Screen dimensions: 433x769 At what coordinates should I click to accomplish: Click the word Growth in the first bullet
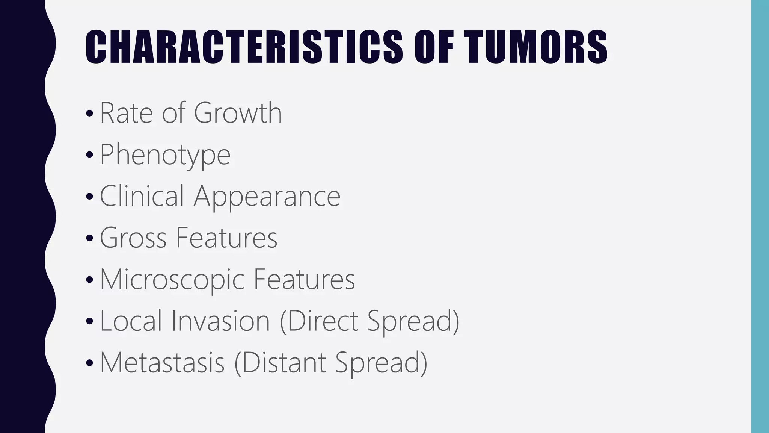tap(238, 112)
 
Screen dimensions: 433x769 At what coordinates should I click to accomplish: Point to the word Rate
tap(126, 112)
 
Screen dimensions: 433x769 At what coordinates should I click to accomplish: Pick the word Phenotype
tap(165, 154)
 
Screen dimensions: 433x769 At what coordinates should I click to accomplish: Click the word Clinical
tap(142, 196)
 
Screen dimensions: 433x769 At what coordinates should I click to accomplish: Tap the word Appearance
tap(267, 196)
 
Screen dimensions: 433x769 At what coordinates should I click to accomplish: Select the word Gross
tap(133, 238)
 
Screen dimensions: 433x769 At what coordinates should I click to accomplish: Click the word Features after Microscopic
tap(304, 279)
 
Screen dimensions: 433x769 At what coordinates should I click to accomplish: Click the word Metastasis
tap(162, 362)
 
